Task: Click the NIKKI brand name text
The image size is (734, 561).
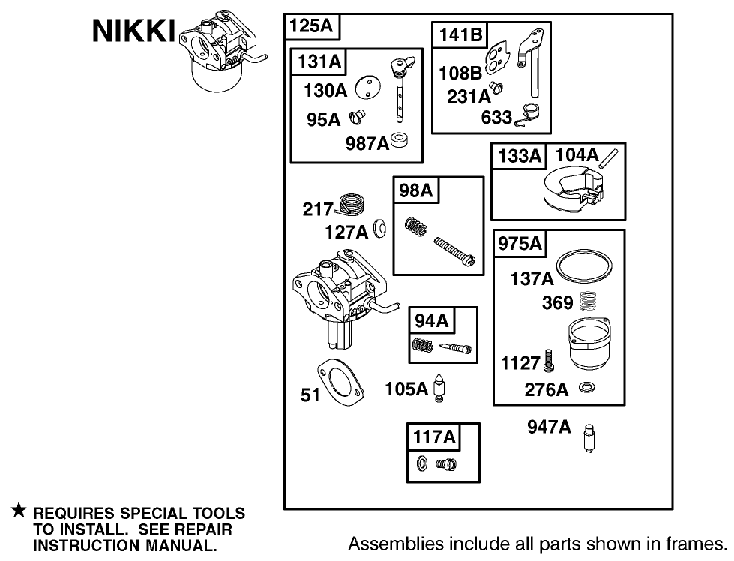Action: coord(133,32)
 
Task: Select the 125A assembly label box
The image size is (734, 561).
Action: coord(312,27)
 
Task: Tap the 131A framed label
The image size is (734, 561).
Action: coord(319,62)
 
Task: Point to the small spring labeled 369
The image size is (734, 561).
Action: coord(589,303)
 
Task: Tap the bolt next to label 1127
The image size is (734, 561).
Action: coord(549,361)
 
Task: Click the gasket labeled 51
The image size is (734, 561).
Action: coord(339,382)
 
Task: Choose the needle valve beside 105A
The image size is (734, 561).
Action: coord(442,389)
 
